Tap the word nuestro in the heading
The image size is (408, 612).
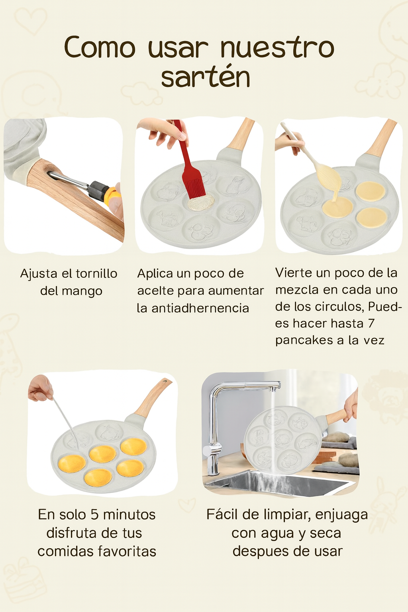click(277, 47)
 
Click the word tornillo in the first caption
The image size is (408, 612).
click(96, 274)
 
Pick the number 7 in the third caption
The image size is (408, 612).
click(371, 323)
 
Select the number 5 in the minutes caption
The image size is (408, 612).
click(94, 514)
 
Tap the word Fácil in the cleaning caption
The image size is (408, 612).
click(222, 514)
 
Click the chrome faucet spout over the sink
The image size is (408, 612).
click(255, 386)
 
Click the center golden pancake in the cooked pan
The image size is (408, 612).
click(103, 453)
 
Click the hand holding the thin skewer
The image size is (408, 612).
click(40, 388)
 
